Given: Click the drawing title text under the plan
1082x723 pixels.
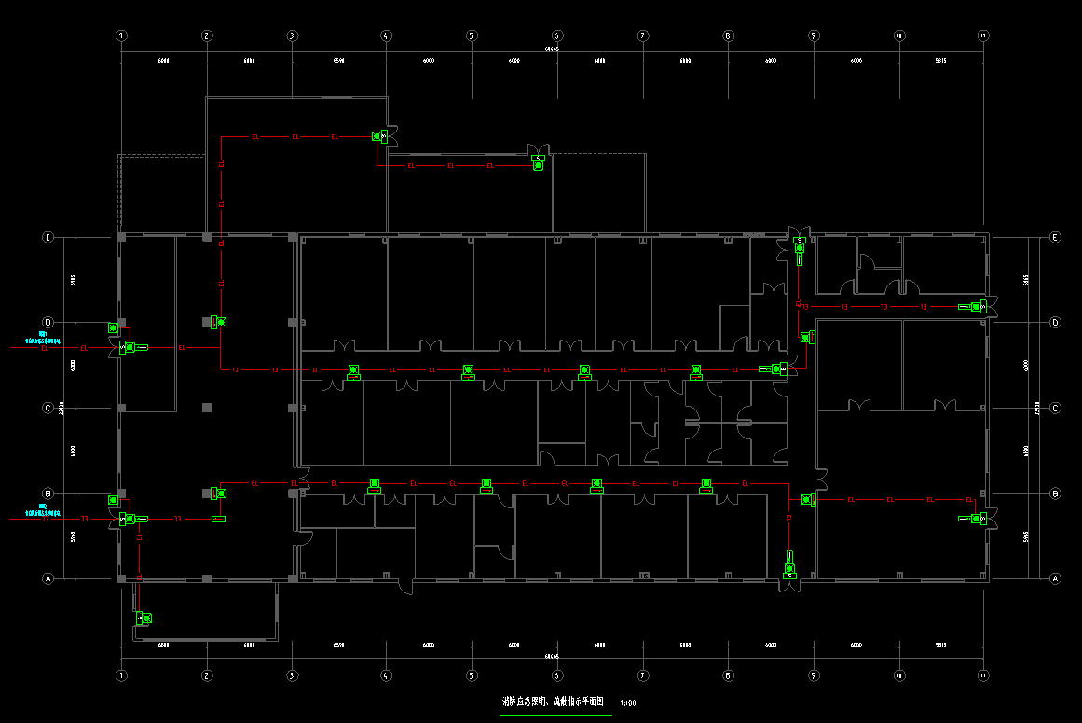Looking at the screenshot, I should tap(555, 702).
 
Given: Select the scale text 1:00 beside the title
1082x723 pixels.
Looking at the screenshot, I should tap(627, 703).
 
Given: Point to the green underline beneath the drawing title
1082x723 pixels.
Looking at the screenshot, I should tap(555, 715).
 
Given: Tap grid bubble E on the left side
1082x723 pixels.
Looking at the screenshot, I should tap(48, 237).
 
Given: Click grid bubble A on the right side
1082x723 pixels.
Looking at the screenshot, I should tap(1055, 578).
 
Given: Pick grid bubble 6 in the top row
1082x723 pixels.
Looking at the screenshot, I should tap(556, 35).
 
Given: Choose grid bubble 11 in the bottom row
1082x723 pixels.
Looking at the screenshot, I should tap(983, 674).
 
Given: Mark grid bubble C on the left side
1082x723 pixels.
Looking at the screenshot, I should tap(48, 408).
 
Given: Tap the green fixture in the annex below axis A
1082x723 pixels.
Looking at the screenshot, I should tap(144, 618).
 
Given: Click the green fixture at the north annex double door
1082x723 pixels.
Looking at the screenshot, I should tap(538, 161).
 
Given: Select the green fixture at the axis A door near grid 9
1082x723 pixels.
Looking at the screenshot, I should tap(789, 571).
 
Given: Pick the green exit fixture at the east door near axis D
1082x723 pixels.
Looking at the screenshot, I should tap(976, 306).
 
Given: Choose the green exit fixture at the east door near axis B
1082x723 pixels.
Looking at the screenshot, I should tap(976, 519).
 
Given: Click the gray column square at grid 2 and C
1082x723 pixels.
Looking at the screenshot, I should tap(207, 408).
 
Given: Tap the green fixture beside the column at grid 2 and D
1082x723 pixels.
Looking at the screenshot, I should tap(220, 322).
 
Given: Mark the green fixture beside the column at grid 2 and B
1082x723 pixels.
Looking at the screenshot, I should tap(220, 493).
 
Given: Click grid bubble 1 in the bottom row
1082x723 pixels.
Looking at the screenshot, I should tap(121, 674).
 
